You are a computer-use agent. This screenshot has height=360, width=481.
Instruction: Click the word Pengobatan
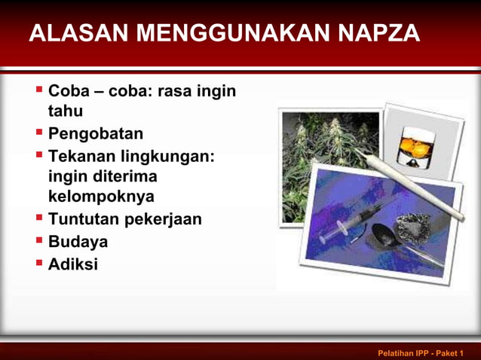96,134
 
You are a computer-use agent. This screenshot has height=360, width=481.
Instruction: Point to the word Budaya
78,242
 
